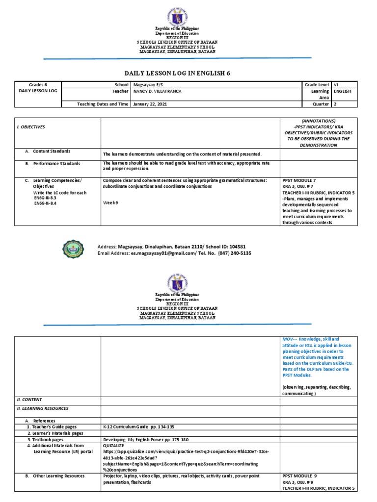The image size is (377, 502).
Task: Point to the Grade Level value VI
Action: click(336, 85)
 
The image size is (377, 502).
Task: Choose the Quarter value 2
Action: click(335, 104)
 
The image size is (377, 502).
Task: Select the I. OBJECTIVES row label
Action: click(31, 126)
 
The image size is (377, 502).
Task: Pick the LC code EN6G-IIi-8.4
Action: click(46, 203)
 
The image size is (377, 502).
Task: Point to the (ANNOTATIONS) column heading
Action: click(316, 120)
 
